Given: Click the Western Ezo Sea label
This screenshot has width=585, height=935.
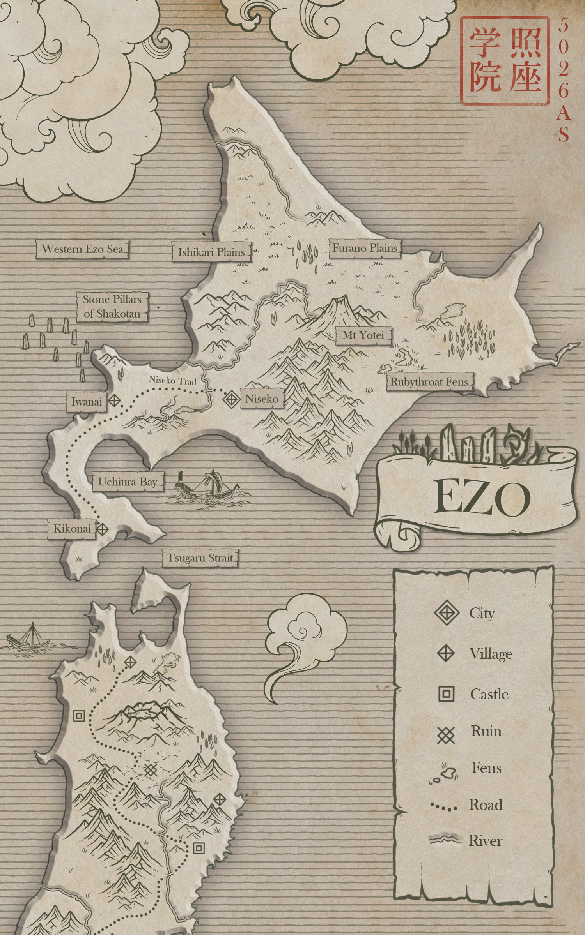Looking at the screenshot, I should [x=82, y=249].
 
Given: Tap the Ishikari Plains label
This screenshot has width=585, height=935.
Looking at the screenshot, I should [x=211, y=252].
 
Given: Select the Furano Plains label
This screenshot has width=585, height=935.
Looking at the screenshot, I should [x=365, y=248].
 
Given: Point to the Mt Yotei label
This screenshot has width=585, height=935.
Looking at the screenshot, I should [x=363, y=335].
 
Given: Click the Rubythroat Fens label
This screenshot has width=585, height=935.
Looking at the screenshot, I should [x=429, y=382].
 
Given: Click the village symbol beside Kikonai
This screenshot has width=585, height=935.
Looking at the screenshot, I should [x=102, y=529].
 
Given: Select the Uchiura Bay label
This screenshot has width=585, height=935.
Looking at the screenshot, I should [x=128, y=482].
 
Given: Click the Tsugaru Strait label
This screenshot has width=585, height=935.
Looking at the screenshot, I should [x=200, y=558].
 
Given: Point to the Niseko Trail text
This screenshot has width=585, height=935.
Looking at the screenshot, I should [x=172, y=380].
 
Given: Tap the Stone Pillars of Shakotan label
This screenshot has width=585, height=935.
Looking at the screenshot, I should [x=112, y=307].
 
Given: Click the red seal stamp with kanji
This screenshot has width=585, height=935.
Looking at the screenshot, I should [x=505, y=60].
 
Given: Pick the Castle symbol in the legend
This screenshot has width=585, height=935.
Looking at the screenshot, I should [x=446, y=694].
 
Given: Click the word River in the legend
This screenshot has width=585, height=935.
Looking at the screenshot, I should [x=485, y=841].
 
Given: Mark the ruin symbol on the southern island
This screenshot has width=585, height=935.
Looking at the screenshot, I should [x=151, y=769].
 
